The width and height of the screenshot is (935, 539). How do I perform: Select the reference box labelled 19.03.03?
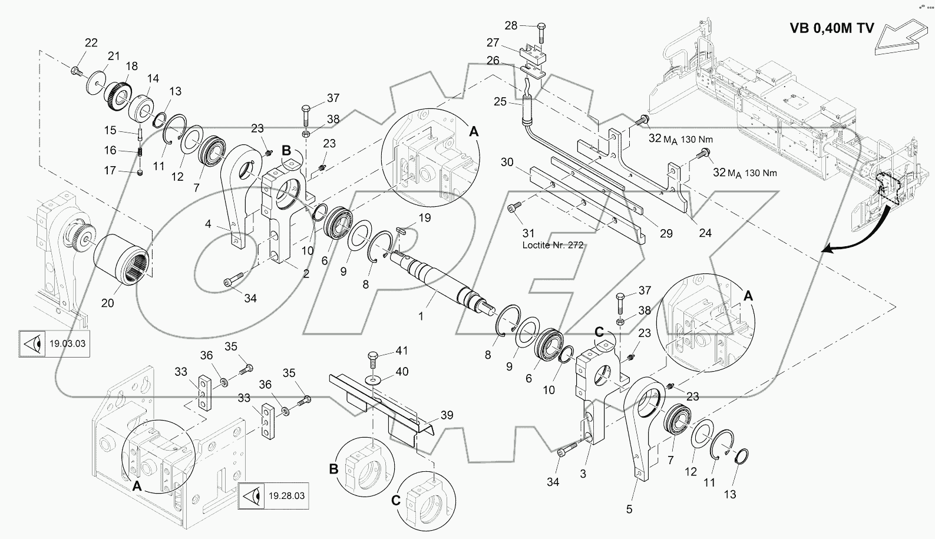[x=53, y=343]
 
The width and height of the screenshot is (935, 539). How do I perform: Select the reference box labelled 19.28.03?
[x=275, y=495]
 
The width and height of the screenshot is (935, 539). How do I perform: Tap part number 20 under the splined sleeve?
[x=108, y=303]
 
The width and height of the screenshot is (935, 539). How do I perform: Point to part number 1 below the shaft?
[x=421, y=316]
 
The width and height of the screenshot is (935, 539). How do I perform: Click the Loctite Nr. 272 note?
[x=553, y=245]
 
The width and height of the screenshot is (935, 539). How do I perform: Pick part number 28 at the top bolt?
[x=511, y=25]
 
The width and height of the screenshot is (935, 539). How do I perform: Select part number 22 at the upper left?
[x=91, y=42]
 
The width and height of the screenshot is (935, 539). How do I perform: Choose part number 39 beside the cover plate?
[x=447, y=415]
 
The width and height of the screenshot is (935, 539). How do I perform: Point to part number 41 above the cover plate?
[x=401, y=351]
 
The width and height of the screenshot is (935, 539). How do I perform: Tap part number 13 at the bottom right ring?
[x=730, y=495]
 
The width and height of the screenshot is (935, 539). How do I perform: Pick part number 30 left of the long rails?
[x=507, y=162]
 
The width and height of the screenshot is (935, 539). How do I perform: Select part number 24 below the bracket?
[x=705, y=233]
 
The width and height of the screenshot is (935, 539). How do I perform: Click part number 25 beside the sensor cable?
[x=500, y=102]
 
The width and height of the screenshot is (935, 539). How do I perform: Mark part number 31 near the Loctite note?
[x=528, y=233]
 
